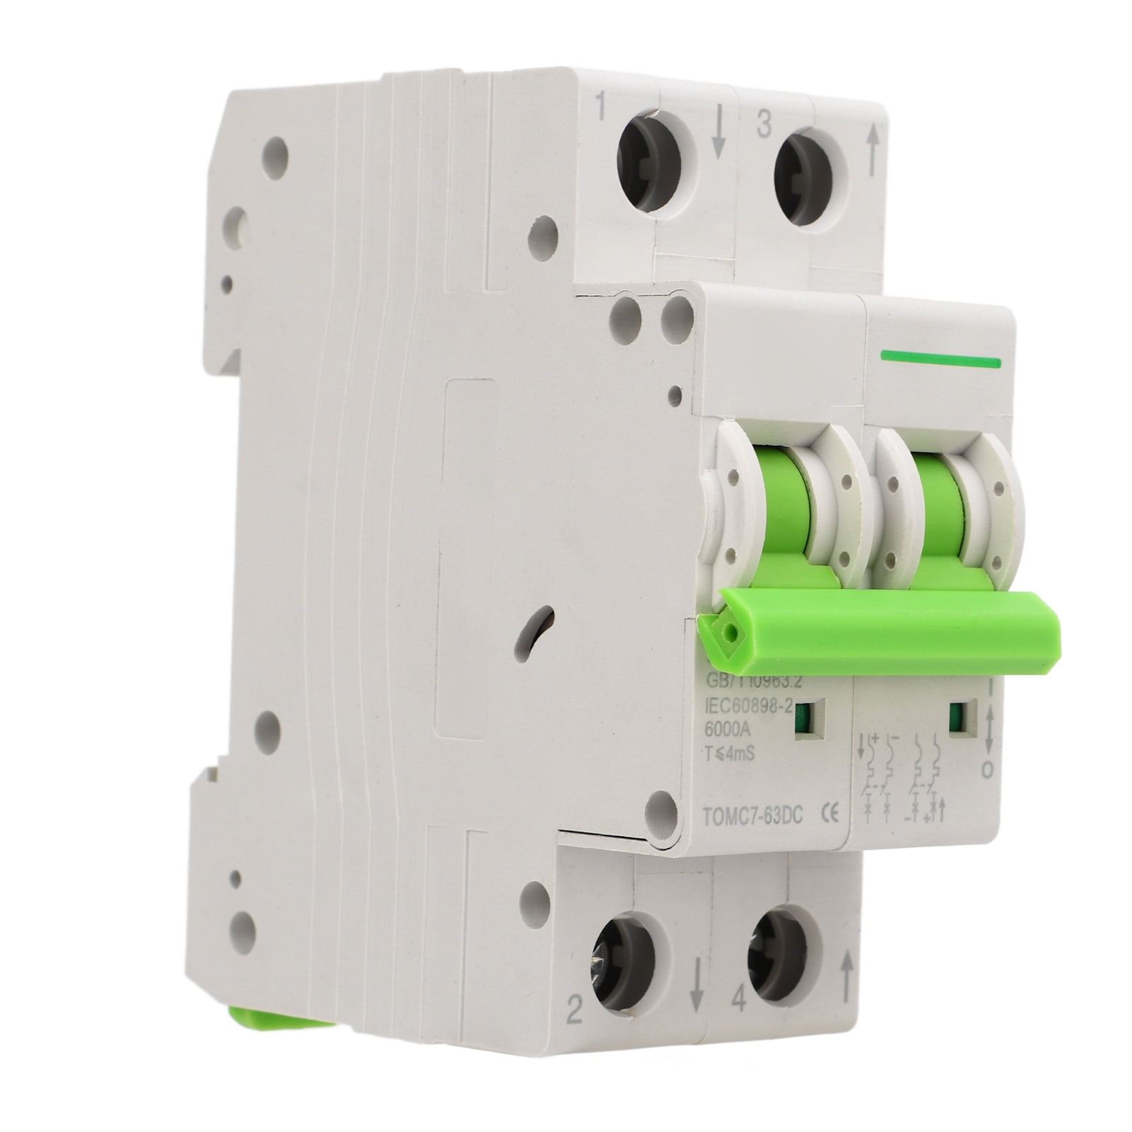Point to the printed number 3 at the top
(763, 125)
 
